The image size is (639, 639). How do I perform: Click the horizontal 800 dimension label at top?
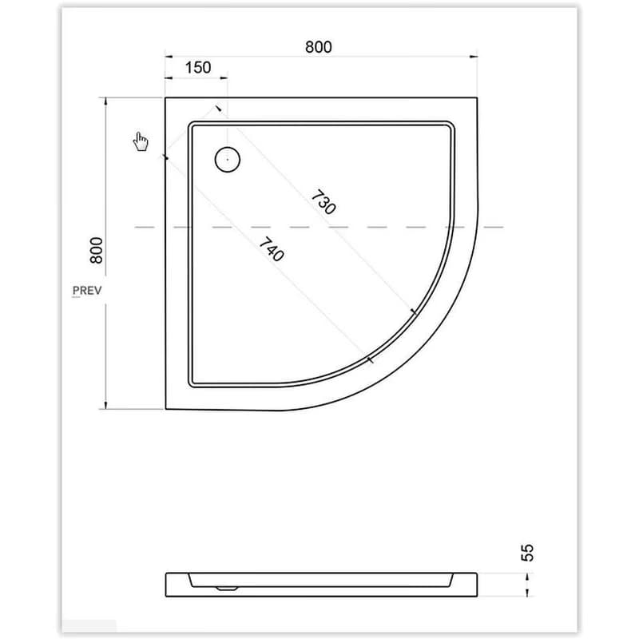click(318, 47)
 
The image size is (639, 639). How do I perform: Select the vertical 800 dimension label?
click(97, 250)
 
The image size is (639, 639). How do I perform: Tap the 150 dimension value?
click(198, 68)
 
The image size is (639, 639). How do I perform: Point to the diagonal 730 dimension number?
click(323, 202)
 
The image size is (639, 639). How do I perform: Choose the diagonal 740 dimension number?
click(272, 249)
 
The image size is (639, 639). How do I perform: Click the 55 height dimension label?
click(527, 553)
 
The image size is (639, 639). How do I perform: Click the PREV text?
click(87, 291)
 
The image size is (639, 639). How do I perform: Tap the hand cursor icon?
click(141, 141)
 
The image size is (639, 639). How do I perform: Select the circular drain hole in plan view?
click(228, 159)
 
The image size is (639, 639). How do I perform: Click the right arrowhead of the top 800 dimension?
click(474, 57)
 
